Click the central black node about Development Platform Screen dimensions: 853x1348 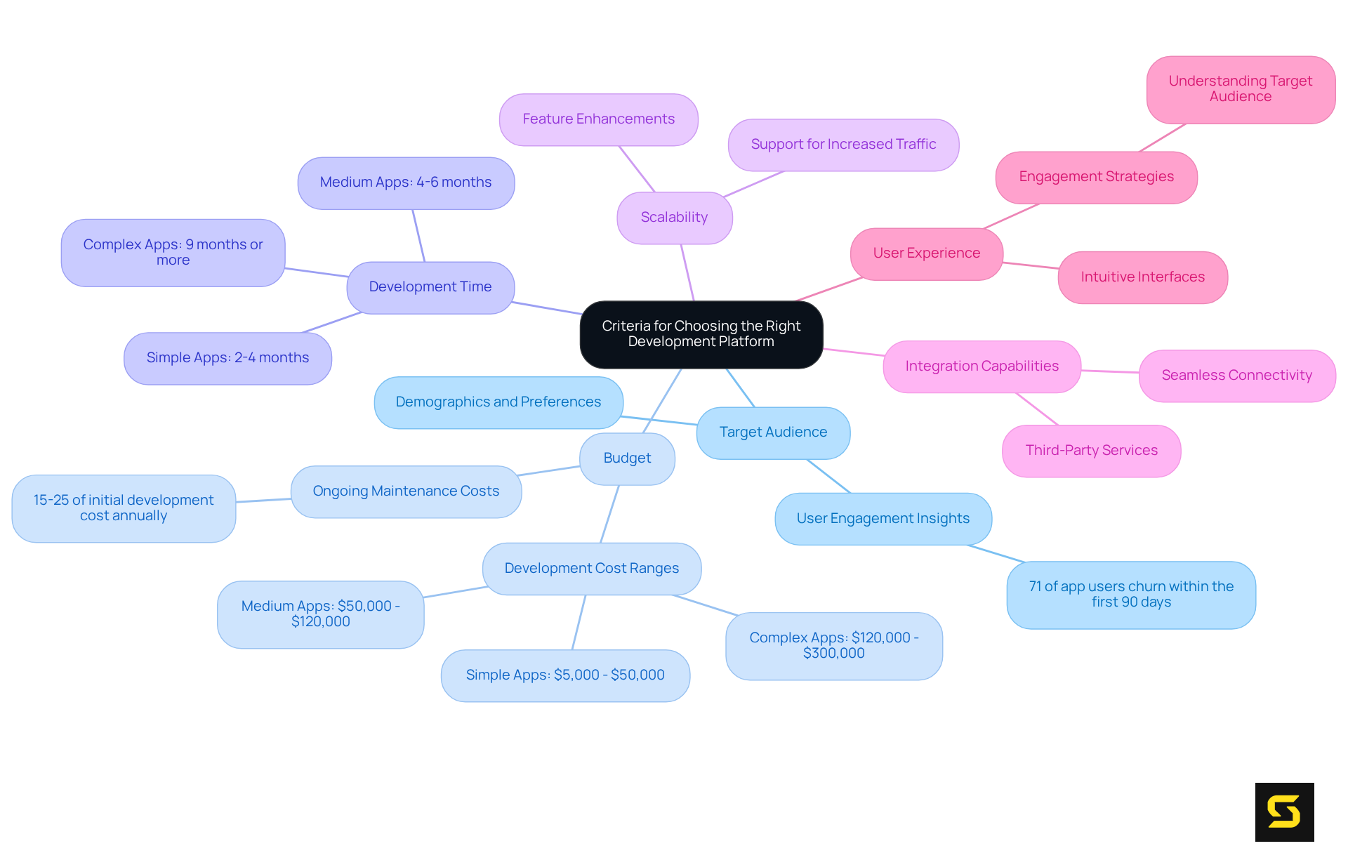(701, 334)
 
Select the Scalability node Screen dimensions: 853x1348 (674, 218)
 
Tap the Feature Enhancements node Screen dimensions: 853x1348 (598, 119)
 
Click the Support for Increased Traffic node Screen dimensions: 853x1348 (843, 145)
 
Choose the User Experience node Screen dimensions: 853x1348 (926, 253)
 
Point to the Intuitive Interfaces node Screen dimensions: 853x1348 (1142, 277)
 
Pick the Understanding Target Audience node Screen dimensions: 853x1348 (1240, 89)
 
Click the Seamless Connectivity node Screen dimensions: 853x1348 (1236, 376)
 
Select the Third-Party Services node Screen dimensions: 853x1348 (1091, 451)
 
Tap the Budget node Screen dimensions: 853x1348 (627, 458)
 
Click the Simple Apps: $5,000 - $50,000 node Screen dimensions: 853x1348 (565, 675)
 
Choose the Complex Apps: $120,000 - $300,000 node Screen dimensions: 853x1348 (833, 646)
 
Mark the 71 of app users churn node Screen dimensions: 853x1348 (1130, 595)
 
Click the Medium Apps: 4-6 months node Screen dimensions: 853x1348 (406, 183)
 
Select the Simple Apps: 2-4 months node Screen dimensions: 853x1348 (227, 358)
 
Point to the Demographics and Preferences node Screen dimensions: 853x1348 (498, 402)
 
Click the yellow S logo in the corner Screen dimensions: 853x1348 (1284, 812)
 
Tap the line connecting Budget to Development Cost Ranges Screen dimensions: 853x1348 (609, 514)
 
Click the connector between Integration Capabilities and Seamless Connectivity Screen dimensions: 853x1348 (1110, 371)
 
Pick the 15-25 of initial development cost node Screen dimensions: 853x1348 (124, 508)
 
